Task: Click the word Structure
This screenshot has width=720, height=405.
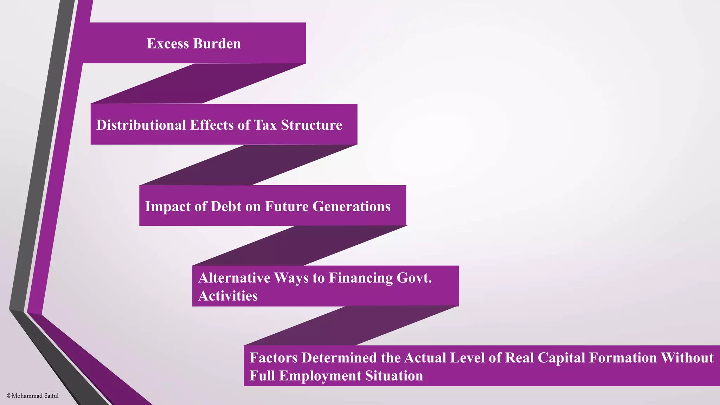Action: pos(311,125)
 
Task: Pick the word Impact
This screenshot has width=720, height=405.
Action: pos(168,206)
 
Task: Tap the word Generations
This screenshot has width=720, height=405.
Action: pos(351,206)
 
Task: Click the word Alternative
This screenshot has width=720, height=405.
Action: pos(234,278)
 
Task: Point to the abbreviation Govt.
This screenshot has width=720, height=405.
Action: pos(414,278)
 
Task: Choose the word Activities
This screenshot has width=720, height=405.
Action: pos(228,296)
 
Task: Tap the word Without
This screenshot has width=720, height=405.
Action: pos(687,358)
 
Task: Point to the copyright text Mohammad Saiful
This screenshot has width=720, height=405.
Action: pos(33,396)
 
